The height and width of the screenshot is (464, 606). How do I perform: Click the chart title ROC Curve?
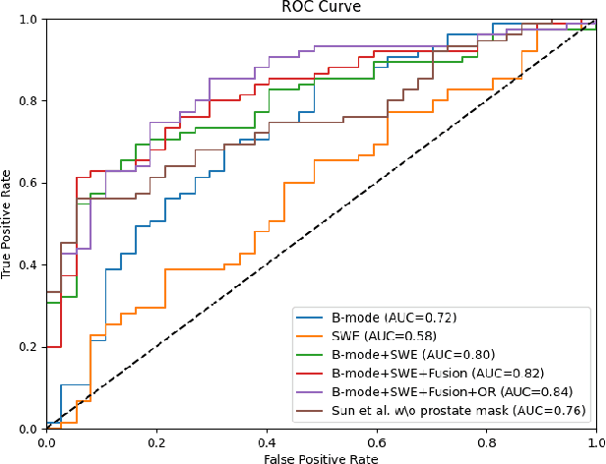[321, 8]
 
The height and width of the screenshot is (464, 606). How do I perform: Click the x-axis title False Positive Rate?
[321, 456]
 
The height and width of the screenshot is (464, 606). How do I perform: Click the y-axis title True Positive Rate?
[8, 224]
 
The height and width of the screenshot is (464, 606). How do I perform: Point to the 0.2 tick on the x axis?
[156, 441]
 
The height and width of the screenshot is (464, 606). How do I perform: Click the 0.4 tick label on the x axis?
[266, 441]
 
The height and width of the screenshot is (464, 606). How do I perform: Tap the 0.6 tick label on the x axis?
[376, 441]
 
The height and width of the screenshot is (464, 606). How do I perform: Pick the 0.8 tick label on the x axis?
[486, 441]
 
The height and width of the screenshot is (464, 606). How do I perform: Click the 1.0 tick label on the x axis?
[593, 441]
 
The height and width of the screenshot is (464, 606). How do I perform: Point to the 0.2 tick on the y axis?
[30, 347]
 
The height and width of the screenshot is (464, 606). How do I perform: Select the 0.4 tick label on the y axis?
[30, 265]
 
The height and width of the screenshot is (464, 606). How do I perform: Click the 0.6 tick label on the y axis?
[30, 183]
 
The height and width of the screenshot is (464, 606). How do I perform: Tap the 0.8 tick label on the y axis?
[30, 101]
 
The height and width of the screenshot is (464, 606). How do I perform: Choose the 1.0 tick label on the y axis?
[30, 20]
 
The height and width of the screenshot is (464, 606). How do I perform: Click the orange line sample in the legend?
[312, 336]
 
